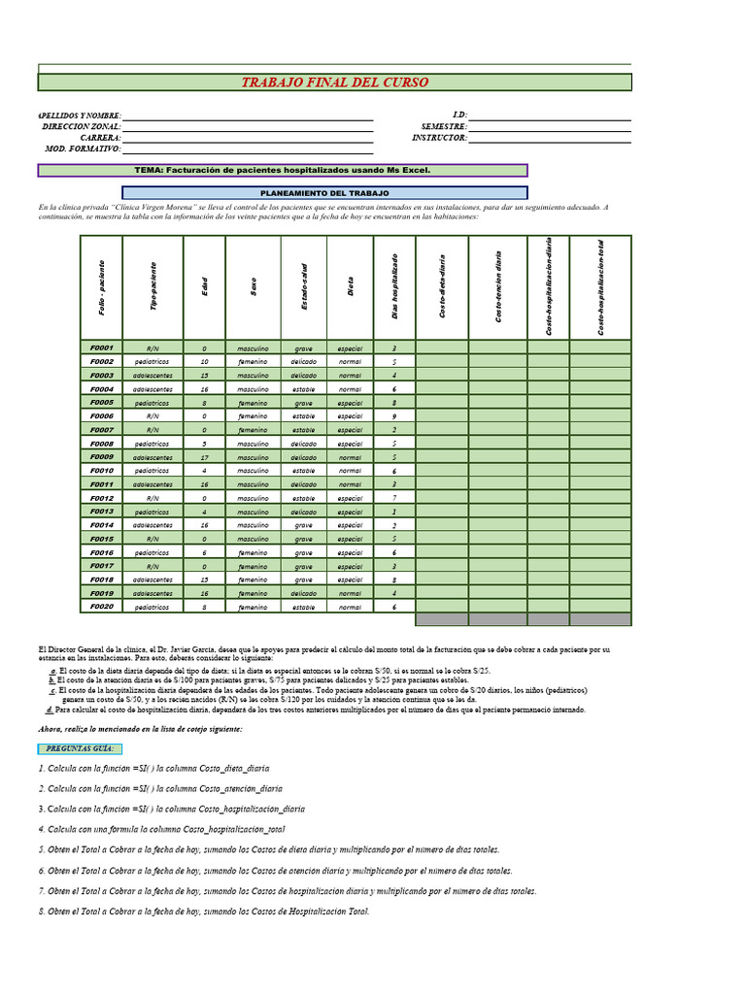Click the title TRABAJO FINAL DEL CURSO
(x=334, y=83)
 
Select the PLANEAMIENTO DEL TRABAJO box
(x=324, y=193)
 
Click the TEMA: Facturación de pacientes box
(x=282, y=170)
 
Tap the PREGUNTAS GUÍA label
(x=80, y=748)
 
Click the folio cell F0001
(x=102, y=348)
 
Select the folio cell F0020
(x=102, y=606)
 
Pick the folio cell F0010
(x=102, y=470)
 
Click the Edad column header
(x=204, y=288)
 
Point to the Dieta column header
(x=350, y=288)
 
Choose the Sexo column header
(x=254, y=288)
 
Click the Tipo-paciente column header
(x=153, y=288)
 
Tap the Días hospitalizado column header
(x=393, y=288)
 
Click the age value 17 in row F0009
(x=204, y=456)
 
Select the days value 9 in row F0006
(x=393, y=415)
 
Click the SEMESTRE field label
(x=444, y=127)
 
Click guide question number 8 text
(x=204, y=911)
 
